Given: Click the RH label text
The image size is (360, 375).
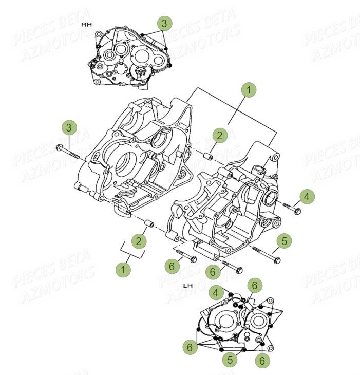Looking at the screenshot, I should point(85,25).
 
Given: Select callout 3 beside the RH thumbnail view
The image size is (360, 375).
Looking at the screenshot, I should point(164,23).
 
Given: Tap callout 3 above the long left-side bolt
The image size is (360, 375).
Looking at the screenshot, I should point(70,127).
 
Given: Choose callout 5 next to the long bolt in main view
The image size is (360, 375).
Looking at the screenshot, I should point(284,240).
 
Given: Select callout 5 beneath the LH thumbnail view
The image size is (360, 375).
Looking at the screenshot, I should point(229,360).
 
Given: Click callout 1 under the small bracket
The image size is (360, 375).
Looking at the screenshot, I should point(123,268).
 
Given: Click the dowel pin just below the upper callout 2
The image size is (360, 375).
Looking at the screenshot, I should point(210,155).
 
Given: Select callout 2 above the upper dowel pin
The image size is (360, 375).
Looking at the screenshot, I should point(219,136).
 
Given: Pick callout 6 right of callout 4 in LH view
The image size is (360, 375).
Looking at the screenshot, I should point(254,285).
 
